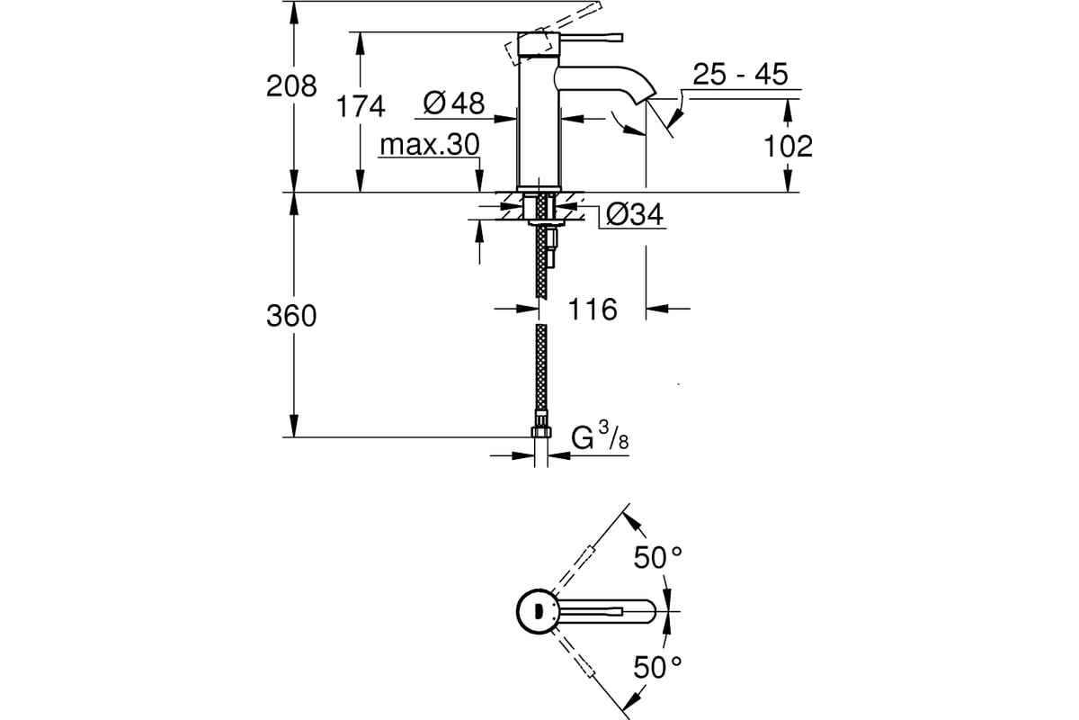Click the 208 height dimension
(x=291, y=86)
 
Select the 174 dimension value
(x=361, y=106)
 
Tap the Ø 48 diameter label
(x=454, y=103)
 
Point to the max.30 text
(x=429, y=144)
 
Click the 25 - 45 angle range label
(x=740, y=75)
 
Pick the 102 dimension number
(x=788, y=146)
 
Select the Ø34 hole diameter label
(x=635, y=214)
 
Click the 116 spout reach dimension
(x=593, y=309)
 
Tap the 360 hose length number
(x=291, y=317)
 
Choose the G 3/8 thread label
(x=600, y=436)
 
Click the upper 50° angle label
(x=657, y=557)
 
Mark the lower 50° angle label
(x=657, y=668)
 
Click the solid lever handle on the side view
(x=591, y=38)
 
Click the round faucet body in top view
(x=538, y=611)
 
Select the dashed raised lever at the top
(x=554, y=33)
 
